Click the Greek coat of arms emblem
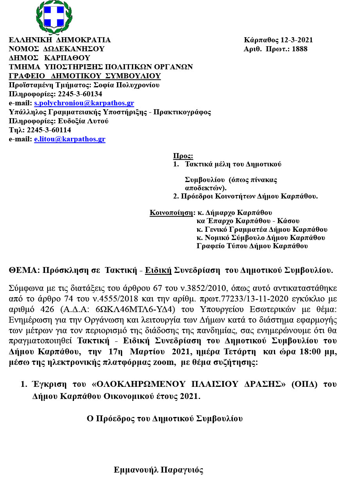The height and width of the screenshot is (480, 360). [54, 18]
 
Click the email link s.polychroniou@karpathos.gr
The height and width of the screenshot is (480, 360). [84, 103]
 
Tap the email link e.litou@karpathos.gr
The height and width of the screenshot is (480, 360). [70, 139]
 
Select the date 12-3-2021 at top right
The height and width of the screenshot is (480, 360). [297, 40]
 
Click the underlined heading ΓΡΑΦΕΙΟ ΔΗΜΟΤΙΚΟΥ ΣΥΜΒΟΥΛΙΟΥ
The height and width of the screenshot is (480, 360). [85, 76]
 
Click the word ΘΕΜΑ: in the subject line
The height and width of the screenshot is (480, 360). [24, 271]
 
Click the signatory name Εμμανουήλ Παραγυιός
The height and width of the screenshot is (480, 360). [158, 470]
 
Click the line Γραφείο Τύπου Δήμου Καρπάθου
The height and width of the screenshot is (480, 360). [252, 246]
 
